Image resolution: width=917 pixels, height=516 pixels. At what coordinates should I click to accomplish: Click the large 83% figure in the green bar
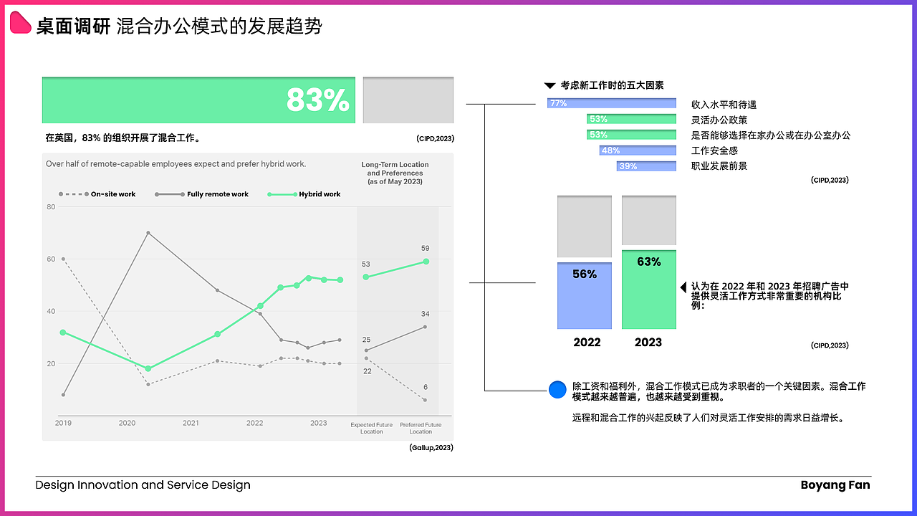pyautogui.click(x=317, y=100)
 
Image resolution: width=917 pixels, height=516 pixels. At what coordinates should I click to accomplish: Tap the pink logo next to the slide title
pyautogui.click(x=21, y=24)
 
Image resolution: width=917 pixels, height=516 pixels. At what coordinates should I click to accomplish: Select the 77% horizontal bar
pyautogui.click(x=611, y=103)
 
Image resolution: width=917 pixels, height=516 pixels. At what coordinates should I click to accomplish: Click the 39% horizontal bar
pyautogui.click(x=646, y=166)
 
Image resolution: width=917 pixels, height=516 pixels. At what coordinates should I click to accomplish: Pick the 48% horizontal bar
pyautogui.click(x=638, y=150)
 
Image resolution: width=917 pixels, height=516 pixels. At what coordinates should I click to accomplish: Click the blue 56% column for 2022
pyautogui.click(x=585, y=295)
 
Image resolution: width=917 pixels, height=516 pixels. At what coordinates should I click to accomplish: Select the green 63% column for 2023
pyautogui.click(x=648, y=290)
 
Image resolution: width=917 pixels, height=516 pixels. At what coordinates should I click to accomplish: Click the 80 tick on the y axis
pyautogui.click(x=51, y=207)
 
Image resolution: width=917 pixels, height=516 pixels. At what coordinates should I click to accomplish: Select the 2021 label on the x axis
pyautogui.click(x=191, y=423)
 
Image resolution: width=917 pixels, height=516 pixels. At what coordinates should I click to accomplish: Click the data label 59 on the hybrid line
pyautogui.click(x=425, y=249)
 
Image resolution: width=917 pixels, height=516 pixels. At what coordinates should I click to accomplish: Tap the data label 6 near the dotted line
pyautogui.click(x=425, y=387)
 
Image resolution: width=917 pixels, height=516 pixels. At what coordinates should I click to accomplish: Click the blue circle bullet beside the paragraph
pyautogui.click(x=557, y=390)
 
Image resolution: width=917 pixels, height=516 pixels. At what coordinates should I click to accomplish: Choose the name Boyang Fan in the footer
pyautogui.click(x=835, y=485)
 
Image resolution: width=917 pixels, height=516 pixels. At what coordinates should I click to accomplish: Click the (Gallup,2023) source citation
pyautogui.click(x=431, y=448)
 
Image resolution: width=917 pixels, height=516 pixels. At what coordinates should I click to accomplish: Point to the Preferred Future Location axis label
pyautogui.click(x=421, y=428)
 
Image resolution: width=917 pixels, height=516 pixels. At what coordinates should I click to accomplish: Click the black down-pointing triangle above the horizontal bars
pyautogui.click(x=549, y=85)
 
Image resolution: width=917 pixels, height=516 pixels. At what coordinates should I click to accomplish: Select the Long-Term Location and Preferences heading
pyautogui.click(x=395, y=173)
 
